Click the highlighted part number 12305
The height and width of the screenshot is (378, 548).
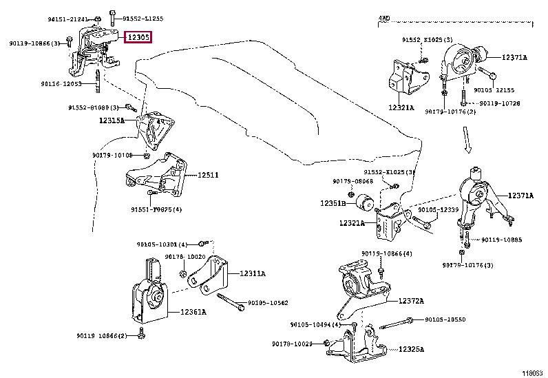click(x=138, y=38)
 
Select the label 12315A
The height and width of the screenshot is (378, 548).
click(x=112, y=120)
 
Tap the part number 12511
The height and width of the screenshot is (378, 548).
click(x=209, y=175)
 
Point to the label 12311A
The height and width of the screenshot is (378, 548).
click(x=253, y=274)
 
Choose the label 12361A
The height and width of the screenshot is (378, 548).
click(x=193, y=312)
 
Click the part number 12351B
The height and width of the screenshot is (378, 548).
click(x=333, y=204)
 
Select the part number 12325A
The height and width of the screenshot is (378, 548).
click(x=412, y=350)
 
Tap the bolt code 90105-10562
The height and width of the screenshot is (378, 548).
click(x=268, y=302)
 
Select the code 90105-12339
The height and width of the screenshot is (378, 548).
click(x=439, y=209)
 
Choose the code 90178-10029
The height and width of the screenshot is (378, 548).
click(x=293, y=344)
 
